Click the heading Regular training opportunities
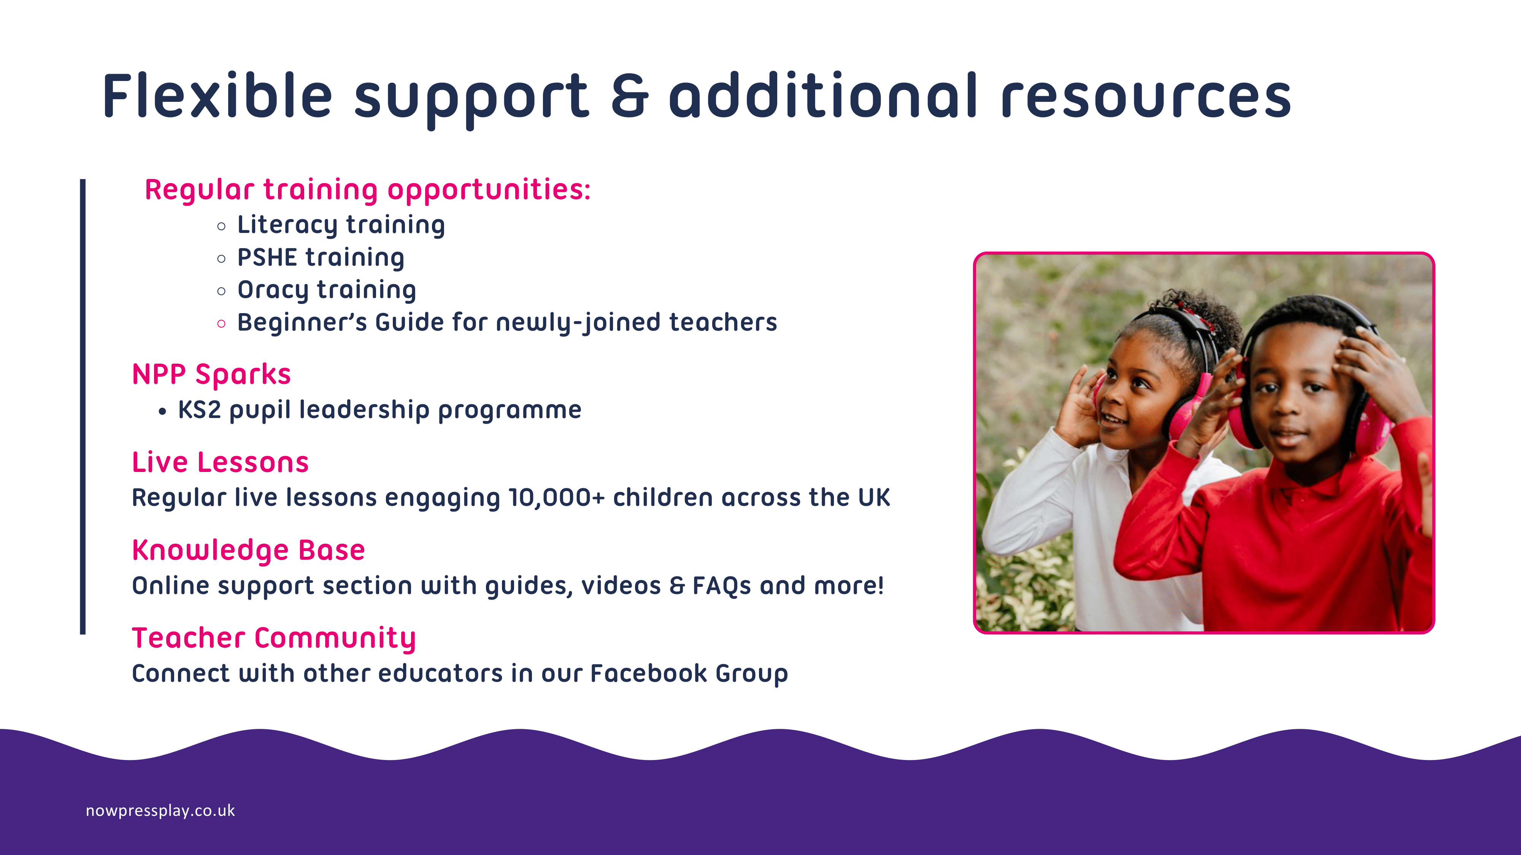367,190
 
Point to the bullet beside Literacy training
221,226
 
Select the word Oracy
273,290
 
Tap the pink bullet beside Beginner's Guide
221,323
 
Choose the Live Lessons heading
220,462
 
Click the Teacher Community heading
274,638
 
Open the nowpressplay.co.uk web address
160,811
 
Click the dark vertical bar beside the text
83,407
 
